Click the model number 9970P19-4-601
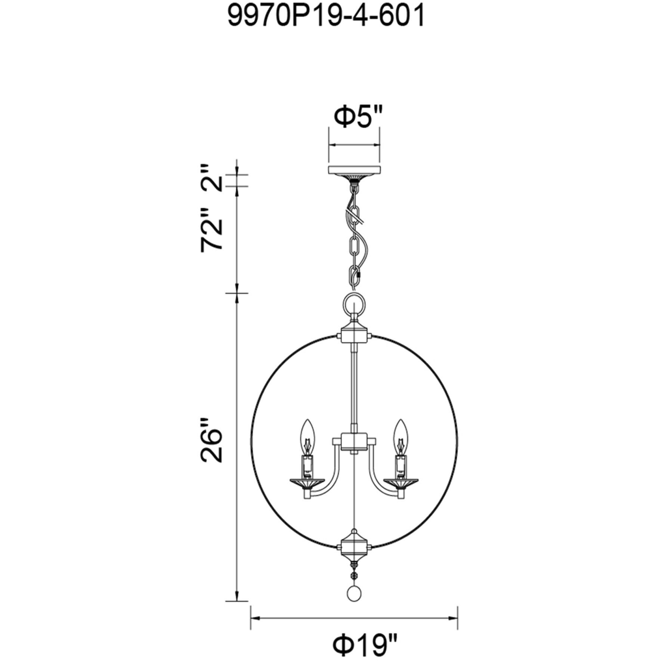pos(326,18)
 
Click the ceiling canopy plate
pos(354,171)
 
